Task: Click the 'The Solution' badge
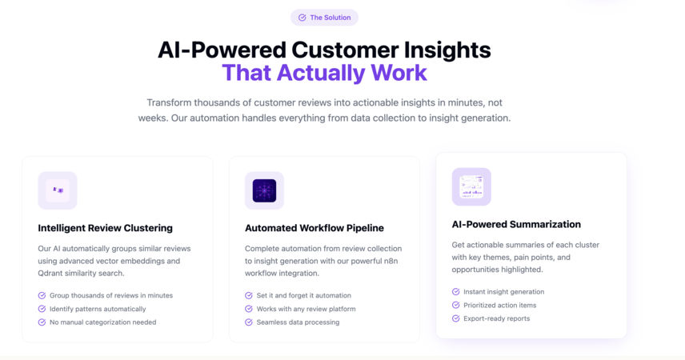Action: pyautogui.click(x=324, y=18)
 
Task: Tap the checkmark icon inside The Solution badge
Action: pyautogui.click(x=302, y=18)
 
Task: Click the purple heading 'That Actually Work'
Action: pyautogui.click(x=324, y=73)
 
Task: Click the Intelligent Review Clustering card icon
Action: pyautogui.click(x=58, y=190)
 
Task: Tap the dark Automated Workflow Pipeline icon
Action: pyautogui.click(x=264, y=190)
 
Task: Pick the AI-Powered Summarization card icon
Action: pyautogui.click(x=471, y=186)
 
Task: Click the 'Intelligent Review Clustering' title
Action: pyautogui.click(x=106, y=228)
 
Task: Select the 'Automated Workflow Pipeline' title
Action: pyautogui.click(x=314, y=228)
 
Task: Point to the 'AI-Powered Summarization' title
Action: pyautogui.click(x=516, y=225)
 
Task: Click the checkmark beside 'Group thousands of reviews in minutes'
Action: pyautogui.click(x=42, y=295)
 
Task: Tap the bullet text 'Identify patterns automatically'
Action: pyautogui.click(x=98, y=309)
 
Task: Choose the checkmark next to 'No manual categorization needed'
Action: pyautogui.click(x=42, y=322)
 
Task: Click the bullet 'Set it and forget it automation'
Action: pyautogui.click(x=303, y=295)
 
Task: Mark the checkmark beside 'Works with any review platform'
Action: pyautogui.click(x=249, y=309)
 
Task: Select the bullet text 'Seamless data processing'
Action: pyautogui.click(x=298, y=322)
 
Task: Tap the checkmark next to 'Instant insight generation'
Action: pyautogui.click(x=455, y=292)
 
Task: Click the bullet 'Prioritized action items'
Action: pyautogui.click(x=500, y=306)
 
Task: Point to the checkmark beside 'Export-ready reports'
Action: pyautogui.click(x=455, y=318)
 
